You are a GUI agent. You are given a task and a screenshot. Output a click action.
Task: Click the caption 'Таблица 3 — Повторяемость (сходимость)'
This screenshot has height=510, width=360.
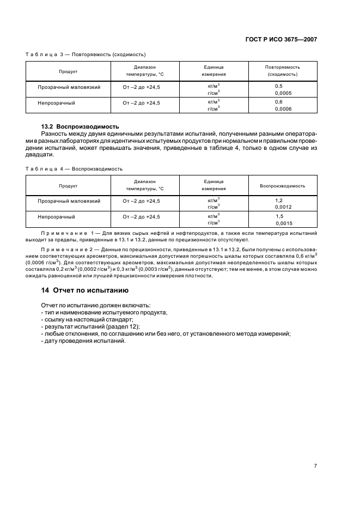pyautogui.click(x=86, y=54)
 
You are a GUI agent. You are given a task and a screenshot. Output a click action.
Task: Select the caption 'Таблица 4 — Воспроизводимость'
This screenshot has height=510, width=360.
pyautogui.click(x=74, y=169)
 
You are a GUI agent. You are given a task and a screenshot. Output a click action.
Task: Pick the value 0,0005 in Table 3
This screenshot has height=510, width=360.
pyautogui.click(x=283, y=93)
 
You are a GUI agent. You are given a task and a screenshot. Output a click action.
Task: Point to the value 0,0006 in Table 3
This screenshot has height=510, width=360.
pyautogui.click(x=283, y=109)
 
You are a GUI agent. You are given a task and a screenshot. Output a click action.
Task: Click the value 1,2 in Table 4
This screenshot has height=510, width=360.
pyautogui.click(x=279, y=201)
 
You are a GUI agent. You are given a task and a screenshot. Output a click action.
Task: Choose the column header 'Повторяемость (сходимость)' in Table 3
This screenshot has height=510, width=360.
pyautogui.click(x=282, y=70)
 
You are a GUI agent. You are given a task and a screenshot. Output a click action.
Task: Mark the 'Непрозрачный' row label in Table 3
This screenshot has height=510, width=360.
pyautogui.click(x=56, y=102)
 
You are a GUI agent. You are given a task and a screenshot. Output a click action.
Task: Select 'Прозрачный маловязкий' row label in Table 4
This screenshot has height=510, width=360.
pyautogui.click(x=69, y=201)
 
